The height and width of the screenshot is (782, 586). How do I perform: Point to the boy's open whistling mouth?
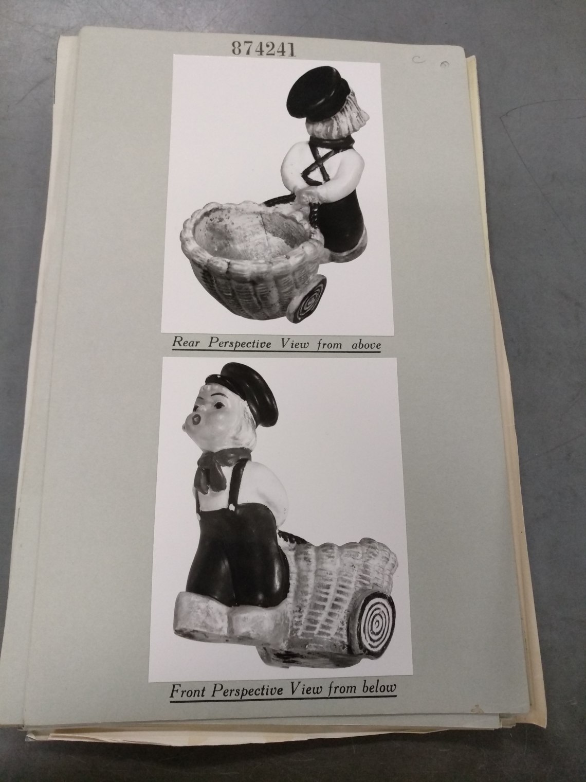[195, 420]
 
